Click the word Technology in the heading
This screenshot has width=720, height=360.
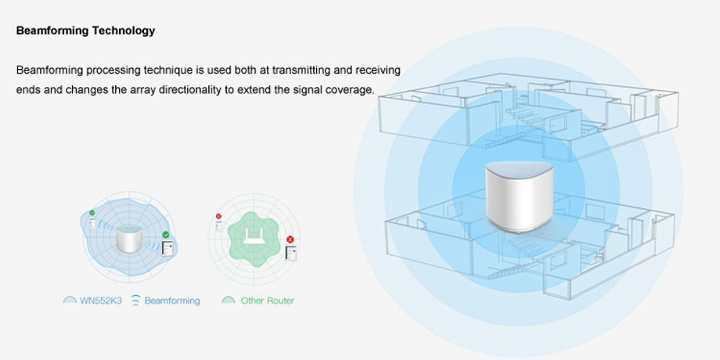pyautogui.click(x=123, y=31)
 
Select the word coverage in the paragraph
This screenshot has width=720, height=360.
pyautogui.click(x=351, y=90)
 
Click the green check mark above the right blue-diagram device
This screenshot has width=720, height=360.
pyautogui.click(x=166, y=235)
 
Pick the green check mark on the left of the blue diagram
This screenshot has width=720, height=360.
pyautogui.click(x=92, y=212)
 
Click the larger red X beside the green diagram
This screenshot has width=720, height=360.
pyautogui.click(x=290, y=239)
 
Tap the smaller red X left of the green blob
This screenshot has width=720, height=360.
pyautogui.click(x=218, y=217)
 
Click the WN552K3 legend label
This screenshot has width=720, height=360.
pyautogui.click(x=102, y=301)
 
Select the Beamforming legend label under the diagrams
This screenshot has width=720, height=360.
pyautogui.click(x=172, y=301)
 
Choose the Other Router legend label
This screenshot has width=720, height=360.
pyautogui.click(x=268, y=301)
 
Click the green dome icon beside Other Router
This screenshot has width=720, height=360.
pyautogui.click(x=229, y=301)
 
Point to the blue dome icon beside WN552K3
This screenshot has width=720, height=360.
pyautogui.click(x=70, y=301)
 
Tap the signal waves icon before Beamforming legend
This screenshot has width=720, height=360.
pyautogui.click(x=135, y=301)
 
